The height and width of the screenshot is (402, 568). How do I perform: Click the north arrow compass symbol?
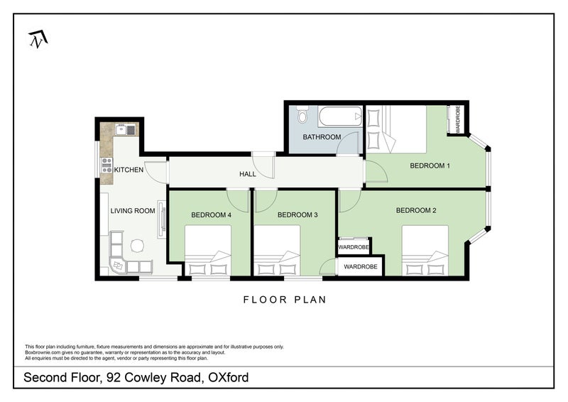36,40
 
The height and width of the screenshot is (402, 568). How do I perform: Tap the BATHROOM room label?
322,137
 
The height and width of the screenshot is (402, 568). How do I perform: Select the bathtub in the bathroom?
339,116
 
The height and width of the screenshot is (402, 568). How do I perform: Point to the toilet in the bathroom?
303,115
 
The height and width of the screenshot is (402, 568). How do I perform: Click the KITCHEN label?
129,170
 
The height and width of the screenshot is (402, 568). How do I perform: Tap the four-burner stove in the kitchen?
107,165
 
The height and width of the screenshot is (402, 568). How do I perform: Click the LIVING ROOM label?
132,211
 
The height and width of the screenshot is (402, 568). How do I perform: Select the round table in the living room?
137,246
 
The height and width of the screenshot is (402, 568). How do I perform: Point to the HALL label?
247,173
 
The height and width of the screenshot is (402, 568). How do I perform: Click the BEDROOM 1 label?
430,165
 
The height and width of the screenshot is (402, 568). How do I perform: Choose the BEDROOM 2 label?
416,210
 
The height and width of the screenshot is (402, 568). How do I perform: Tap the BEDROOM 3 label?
297,214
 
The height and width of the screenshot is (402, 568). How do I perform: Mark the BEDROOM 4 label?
211,214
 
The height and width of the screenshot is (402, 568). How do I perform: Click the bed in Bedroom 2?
425,250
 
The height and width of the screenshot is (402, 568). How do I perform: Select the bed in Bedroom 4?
207,251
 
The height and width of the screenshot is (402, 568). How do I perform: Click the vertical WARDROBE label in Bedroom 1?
458,119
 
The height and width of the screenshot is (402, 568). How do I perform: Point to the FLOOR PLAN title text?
285,300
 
